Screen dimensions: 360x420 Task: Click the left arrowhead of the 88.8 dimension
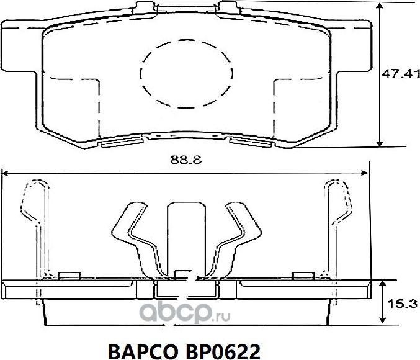click(x=5, y=172)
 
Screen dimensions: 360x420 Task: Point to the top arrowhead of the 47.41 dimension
click(x=380, y=6)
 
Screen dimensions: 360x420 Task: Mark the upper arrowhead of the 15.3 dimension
click(x=380, y=283)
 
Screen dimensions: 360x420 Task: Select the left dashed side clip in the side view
click(x=32, y=217)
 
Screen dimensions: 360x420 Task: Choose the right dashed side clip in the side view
click(x=338, y=217)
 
